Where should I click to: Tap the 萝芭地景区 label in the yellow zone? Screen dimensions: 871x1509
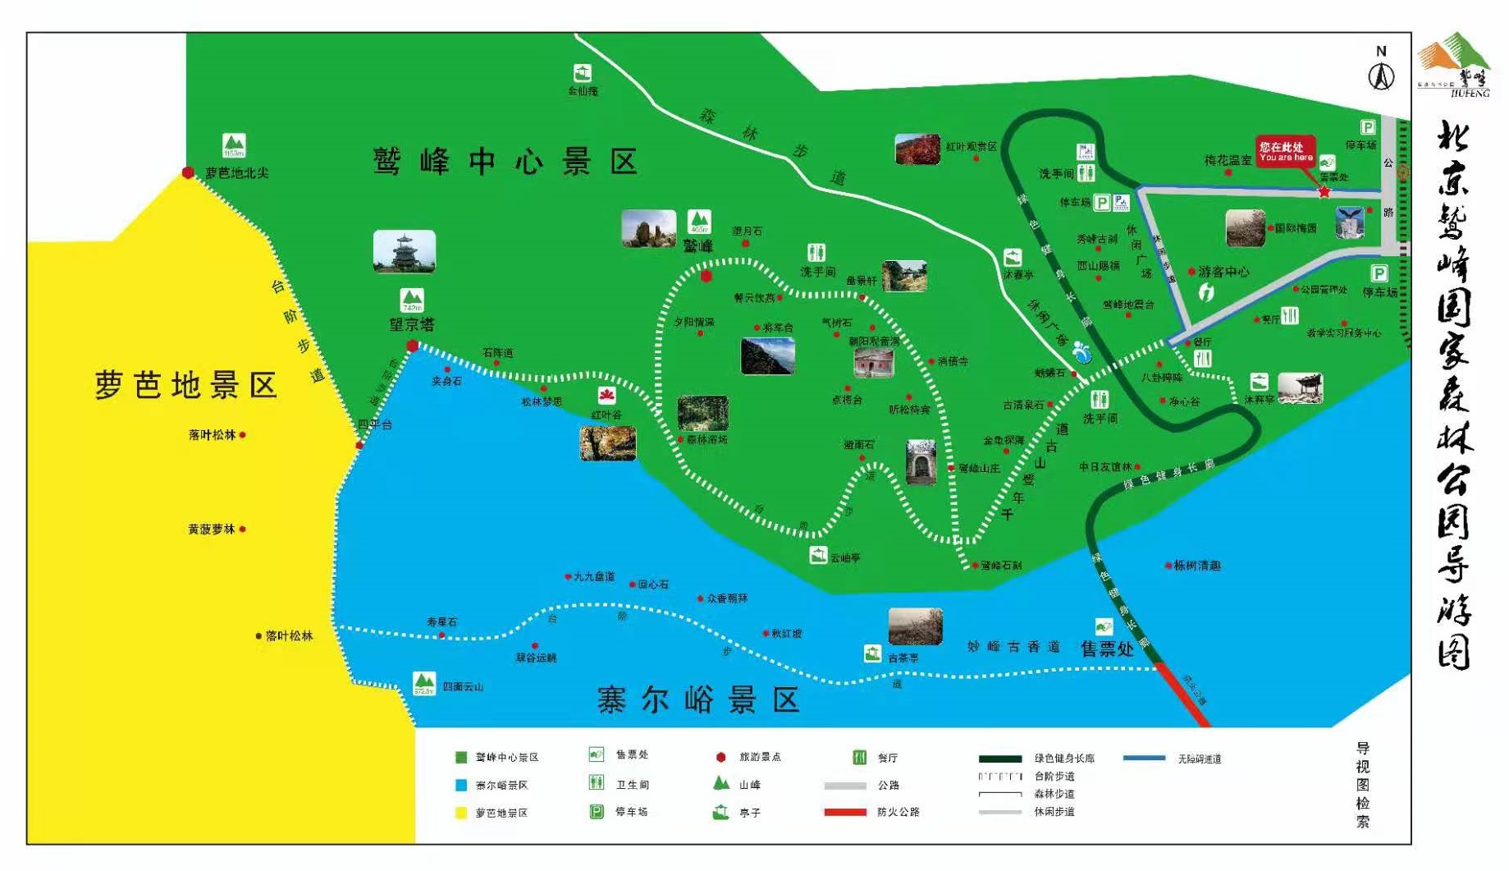tap(186, 385)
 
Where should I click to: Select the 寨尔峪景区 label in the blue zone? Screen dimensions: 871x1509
tap(697, 700)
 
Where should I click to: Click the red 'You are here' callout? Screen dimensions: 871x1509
tap(1285, 152)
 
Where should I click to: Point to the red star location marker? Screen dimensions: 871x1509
tap(1324, 192)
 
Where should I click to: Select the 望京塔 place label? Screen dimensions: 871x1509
tap(411, 325)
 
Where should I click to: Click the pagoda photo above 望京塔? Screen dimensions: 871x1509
tap(404, 251)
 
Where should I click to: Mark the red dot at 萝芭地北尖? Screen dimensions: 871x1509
tap(188, 172)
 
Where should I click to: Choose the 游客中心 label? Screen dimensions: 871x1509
tap(1223, 272)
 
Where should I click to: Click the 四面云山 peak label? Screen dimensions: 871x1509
tap(463, 686)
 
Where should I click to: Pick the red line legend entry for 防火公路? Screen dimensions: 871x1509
tap(845, 812)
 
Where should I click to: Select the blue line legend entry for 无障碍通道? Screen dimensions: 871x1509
tap(1144, 759)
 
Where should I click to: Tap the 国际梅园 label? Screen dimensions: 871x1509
tap(1295, 228)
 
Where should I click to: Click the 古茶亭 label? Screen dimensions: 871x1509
tap(903, 658)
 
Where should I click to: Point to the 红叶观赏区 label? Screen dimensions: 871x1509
tap(971, 147)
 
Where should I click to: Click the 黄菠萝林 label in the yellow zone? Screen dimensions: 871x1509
tap(212, 529)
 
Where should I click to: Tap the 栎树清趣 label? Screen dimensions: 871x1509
tap(1197, 566)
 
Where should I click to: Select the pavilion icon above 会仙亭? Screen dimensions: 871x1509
tap(582, 73)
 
